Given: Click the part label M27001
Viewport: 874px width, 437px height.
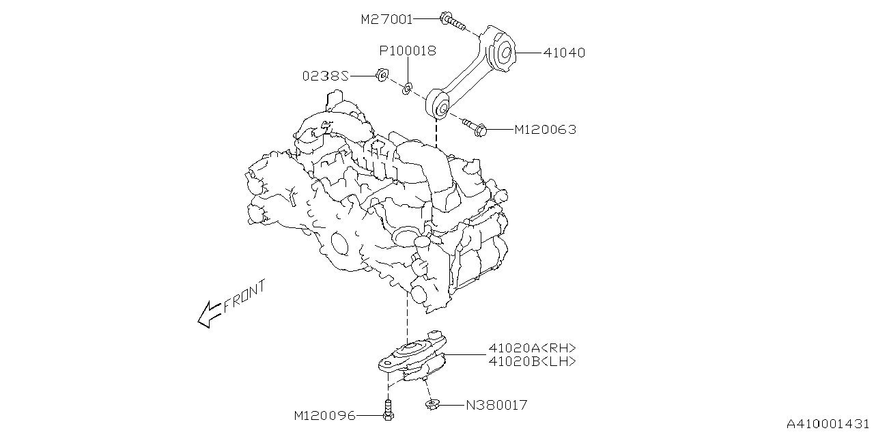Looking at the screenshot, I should [x=386, y=20].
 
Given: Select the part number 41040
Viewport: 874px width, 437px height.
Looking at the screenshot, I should [x=563, y=53].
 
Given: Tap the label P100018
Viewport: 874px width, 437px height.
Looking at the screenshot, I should [x=408, y=51].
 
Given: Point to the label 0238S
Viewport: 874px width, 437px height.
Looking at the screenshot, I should [x=326, y=76].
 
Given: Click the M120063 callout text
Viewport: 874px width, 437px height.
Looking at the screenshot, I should [x=545, y=130].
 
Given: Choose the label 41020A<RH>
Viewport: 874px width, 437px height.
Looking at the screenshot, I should [x=532, y=348].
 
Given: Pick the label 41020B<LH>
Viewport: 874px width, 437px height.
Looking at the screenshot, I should [x=532, y=362].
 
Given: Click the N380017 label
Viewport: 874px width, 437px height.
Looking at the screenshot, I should [x=496, y=406].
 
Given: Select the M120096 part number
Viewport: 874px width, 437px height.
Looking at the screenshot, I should [x=324, y=415].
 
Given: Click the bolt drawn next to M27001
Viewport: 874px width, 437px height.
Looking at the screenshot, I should [x=452, y=22].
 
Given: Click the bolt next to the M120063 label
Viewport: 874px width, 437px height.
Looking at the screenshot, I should [x=474, y=126].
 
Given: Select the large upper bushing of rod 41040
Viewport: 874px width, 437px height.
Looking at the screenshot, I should [x=504, y=53].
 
